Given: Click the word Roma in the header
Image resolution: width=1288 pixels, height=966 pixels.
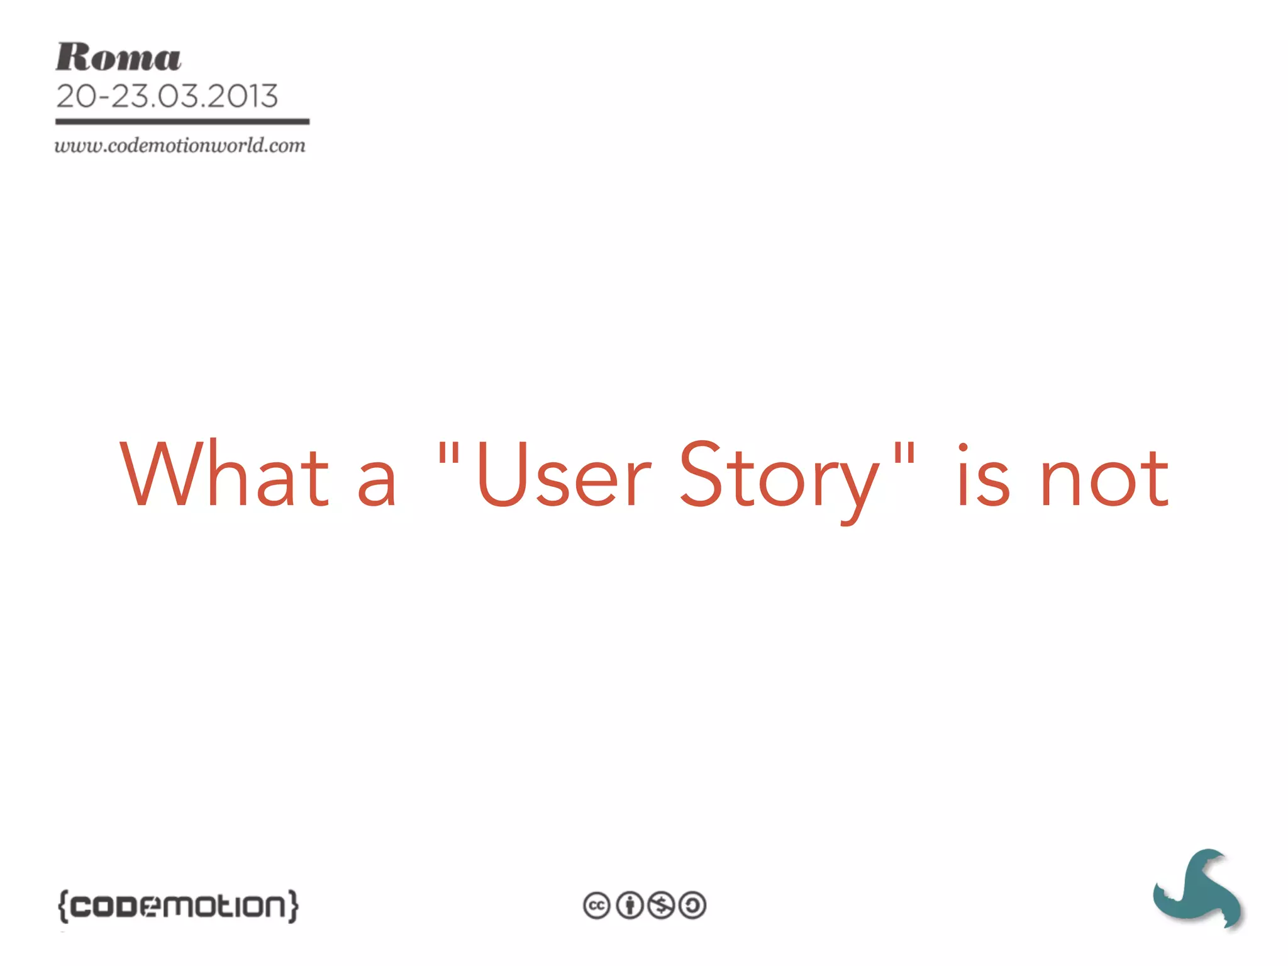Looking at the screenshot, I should [118, 57].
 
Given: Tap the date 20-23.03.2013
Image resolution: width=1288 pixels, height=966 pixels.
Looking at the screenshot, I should [167, 96].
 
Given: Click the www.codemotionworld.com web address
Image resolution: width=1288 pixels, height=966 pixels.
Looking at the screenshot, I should [180, 145].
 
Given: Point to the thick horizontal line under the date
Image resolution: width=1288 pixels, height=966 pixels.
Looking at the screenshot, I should [182, 121].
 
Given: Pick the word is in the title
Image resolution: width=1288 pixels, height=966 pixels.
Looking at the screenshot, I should [983, 477].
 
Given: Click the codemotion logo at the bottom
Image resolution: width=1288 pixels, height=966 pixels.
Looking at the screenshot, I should [178, 906].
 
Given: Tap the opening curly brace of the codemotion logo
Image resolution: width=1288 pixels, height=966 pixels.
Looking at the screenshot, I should [62, 906].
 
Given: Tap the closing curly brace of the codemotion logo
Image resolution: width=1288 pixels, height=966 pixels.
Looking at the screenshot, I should [293, 906].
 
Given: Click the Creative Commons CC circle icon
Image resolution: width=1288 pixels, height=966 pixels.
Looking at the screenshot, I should [596, 906].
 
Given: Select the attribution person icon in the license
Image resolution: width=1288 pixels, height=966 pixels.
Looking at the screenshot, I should [629, 906].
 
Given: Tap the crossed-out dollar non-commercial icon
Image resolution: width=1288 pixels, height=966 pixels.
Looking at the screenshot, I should [661, 906].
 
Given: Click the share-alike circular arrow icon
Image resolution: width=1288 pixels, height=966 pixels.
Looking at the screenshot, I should [692, 906].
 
